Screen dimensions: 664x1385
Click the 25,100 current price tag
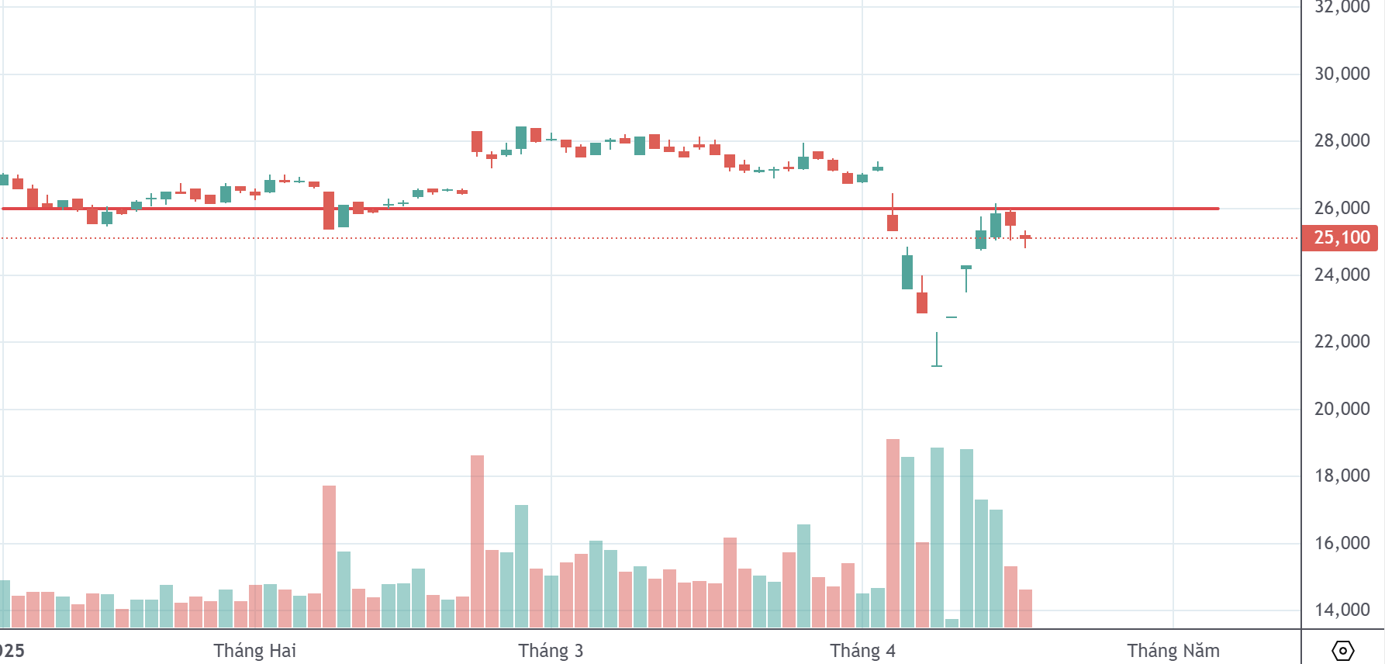point(1340,237)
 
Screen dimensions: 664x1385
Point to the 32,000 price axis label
point(1342,8)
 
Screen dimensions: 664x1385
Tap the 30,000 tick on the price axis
point(1342,74)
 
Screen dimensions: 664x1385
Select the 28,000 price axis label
point(1342,140)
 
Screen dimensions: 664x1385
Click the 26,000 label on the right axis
point(1342,208)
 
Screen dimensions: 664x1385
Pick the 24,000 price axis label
point(1342,275)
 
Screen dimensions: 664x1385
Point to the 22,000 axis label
point(1342,341)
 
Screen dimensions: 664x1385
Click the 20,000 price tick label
point(1342,409)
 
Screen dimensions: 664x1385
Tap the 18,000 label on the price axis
point(1342,476)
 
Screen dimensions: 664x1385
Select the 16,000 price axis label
point(1342,543)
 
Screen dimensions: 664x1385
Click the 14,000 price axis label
point(1342,610)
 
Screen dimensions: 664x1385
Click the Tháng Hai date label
point(254,651)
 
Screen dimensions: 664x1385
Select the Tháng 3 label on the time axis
point(551,651)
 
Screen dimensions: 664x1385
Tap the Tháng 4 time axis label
point(862,651)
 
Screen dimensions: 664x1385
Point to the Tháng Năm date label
point(1173,651)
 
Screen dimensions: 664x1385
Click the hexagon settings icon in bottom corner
point(1342,650)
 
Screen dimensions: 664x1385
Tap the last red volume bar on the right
point(1025,608)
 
